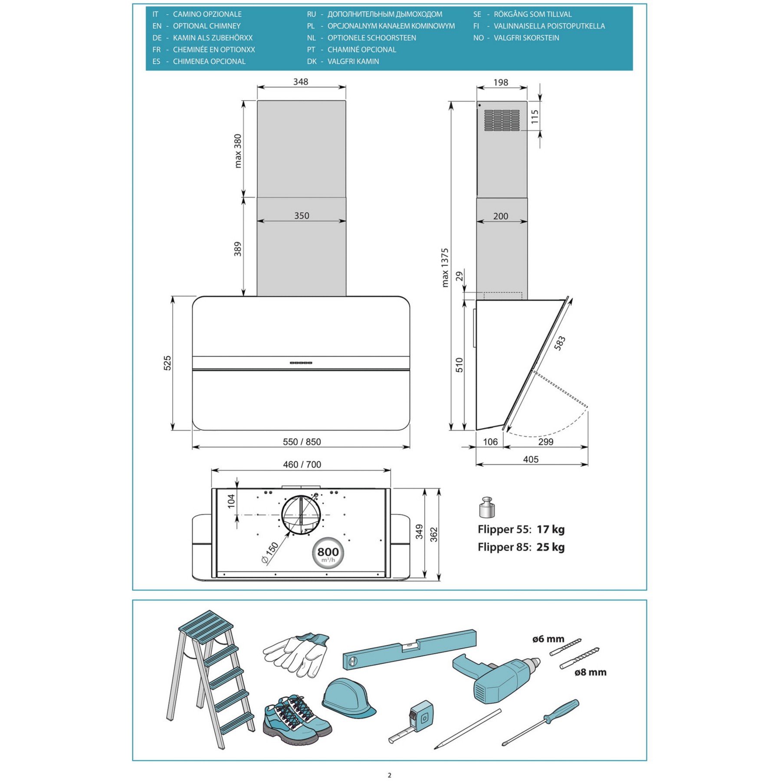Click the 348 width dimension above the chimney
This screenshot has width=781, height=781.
point(300,82)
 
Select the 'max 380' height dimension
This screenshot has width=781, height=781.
point(238,151)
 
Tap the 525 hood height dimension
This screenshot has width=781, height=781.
point(167,363)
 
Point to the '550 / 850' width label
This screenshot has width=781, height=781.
point(302,442)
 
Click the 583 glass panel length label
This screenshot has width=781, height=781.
point(560,343)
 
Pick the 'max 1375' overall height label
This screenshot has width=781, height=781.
point(445,268)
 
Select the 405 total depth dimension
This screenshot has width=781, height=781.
point(531,459)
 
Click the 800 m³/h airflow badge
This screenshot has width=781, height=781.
point(328,553)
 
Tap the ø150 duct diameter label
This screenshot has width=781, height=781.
point(270,553)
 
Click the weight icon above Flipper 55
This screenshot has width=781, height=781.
point(487,507)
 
